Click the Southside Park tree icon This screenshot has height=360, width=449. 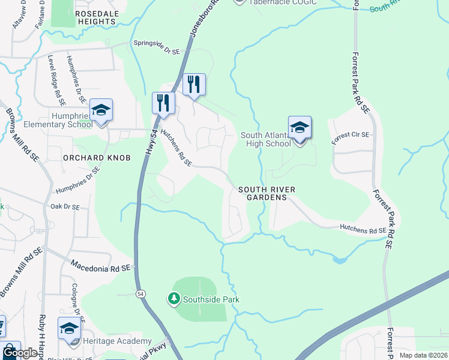[173, 298]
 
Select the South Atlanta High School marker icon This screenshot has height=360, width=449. [300, 128]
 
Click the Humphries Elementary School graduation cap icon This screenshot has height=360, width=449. [101, 110]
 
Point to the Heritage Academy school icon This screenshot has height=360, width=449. [69, 329]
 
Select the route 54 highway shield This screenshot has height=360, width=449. [140, 293]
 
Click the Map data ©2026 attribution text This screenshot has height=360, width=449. [423, 355]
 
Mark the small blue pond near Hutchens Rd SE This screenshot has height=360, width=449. [340, 260]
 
